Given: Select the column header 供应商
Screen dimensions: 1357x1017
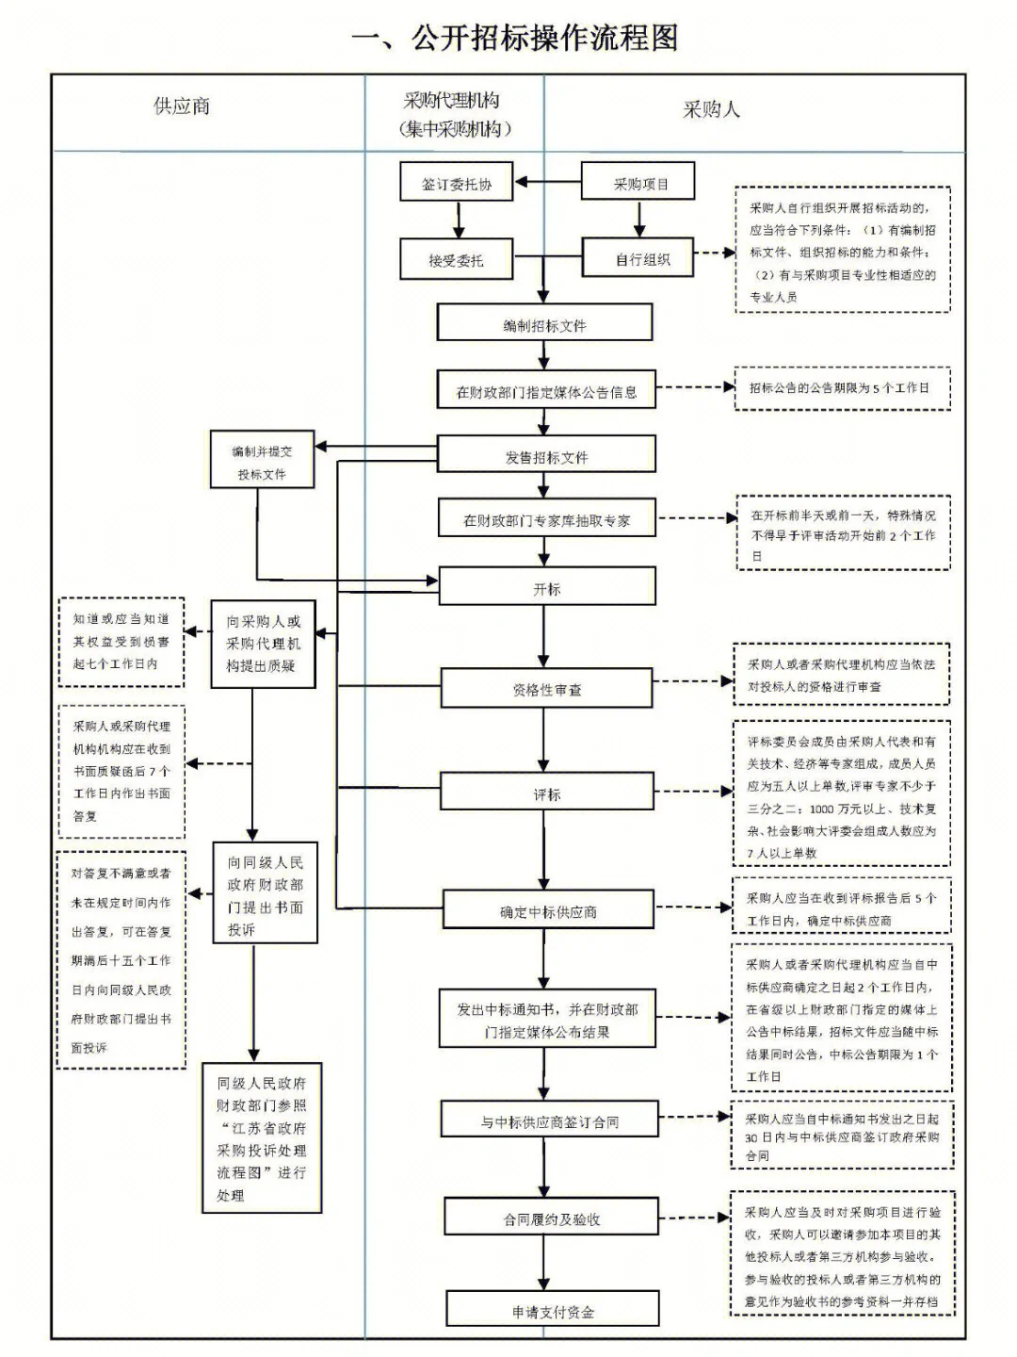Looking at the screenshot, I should click(x=182, y=106).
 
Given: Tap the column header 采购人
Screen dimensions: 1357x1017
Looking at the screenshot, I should click(x=711, y=109).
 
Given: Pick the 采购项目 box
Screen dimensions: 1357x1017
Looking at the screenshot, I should click(x=639, y=183).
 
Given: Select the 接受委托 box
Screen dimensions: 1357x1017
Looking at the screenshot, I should click(x=456, y=259).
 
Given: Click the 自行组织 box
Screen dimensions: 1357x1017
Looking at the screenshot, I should click(x=639, y=258).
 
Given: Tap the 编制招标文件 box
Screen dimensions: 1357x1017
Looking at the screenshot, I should click(x=544, y=324).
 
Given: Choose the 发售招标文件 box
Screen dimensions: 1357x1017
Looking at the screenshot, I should click(x=546, y=456).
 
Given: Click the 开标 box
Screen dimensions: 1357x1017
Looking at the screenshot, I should click(x=546, y=588).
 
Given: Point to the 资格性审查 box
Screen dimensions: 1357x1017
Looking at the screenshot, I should click(x=546, y=689).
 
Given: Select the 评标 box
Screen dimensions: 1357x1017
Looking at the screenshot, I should click(x=546, y=793).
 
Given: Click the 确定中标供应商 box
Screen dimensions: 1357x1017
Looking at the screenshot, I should click(x=548, y=911).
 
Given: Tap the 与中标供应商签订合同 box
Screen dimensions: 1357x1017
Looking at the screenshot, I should click(x=549, y=1121).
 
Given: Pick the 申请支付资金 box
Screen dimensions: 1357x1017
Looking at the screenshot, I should click(x=553, y=1311).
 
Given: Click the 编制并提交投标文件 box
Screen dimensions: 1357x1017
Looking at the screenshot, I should click(x=262, y=462).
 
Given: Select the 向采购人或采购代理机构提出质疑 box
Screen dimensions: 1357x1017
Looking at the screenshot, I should click(x=263, y=644).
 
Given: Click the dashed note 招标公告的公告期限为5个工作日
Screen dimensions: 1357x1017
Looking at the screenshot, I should click(x=842, y=387).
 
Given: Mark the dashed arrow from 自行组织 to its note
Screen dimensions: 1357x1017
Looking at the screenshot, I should click(x=715, y=253).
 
